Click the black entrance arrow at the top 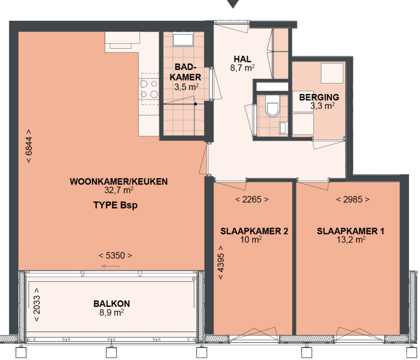(x=234, y=4)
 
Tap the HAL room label (x=242, y=60)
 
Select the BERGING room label (x=315, y=98)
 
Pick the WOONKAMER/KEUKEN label (x=119, y=182)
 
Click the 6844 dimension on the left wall (x=28, y=146)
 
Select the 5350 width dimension (x=115, y=256)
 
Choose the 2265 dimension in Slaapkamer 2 (x=252, y=200)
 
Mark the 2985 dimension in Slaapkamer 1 (x=352, y=200)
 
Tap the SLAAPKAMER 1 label (x=351, y=231)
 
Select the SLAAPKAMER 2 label (x=254, y=231)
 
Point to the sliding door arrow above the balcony (x=110, y=266)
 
